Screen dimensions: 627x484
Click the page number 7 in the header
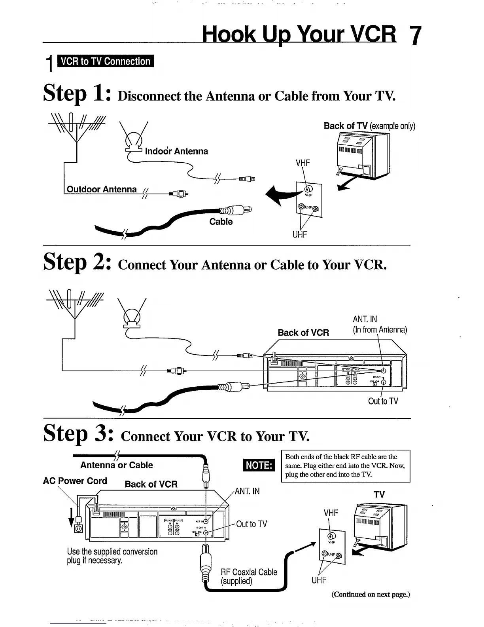(414, 36)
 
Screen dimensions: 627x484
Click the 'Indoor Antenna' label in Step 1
(176, 151)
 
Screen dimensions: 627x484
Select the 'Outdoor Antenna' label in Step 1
(102, 189)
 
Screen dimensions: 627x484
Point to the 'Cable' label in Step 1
(221, 222)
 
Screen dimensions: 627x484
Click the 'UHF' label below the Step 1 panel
(299, 234)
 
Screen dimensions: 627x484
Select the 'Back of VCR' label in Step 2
(303, 332)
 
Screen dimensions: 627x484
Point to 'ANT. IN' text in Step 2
(365, 319)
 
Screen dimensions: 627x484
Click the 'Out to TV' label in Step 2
(383, 401)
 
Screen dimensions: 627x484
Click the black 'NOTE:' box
(259, 465)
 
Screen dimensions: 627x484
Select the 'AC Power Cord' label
(75, 481)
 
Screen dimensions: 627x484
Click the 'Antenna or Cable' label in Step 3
(116, 465)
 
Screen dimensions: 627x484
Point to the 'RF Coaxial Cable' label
(249, 572)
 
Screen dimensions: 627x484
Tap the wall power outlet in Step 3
(79, 528)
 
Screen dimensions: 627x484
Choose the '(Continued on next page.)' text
(371, 594)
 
